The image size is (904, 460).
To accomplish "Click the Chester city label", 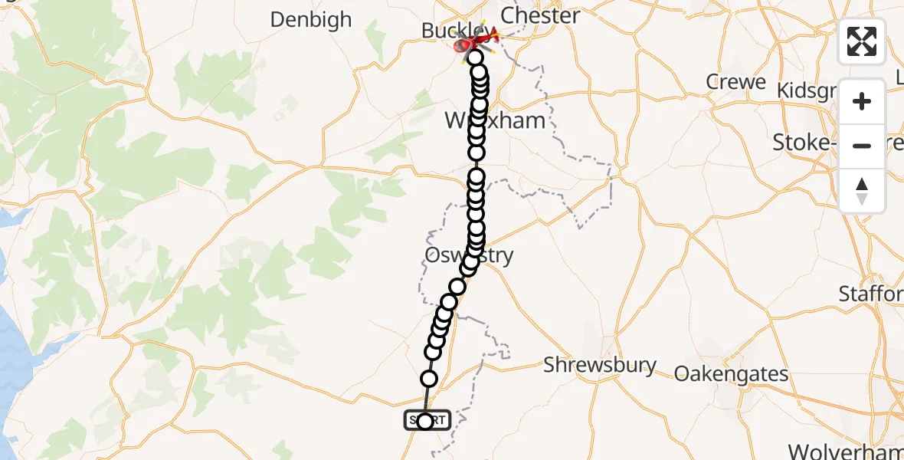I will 539,15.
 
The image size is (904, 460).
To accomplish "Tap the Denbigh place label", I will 310,19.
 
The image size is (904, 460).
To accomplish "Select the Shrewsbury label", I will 599,365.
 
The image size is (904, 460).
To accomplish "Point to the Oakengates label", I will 731,373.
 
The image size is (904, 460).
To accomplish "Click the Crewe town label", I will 735,82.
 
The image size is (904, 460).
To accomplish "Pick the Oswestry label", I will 467,255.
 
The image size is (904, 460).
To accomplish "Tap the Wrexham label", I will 495,120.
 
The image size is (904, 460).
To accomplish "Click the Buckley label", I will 448,31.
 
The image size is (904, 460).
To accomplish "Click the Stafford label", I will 871,293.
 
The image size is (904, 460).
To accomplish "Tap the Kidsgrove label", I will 840,90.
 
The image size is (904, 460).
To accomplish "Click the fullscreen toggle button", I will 862,41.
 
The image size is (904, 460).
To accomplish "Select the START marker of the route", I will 425,421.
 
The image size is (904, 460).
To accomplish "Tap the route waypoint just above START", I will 429,379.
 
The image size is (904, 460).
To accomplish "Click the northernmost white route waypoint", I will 475,58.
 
